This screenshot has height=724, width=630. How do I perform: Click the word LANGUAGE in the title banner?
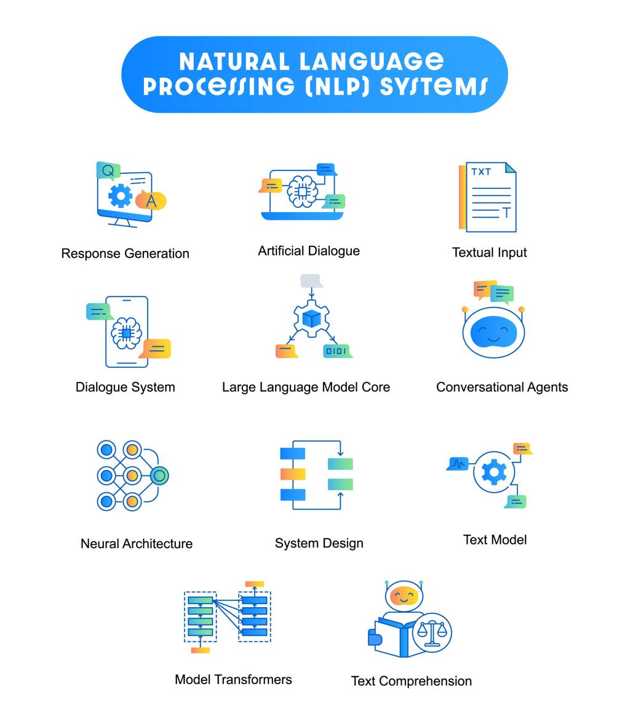click(x=372, y=62)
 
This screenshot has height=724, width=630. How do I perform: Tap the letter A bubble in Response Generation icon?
click(x=151, y=201)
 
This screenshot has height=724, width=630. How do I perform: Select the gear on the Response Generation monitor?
click(x=120, y=196)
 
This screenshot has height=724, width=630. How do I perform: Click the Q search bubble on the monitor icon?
click(x=108, y=171)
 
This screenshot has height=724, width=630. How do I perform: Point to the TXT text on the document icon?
click(x=481, y=172)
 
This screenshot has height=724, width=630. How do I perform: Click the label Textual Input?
click(x=489, y=253)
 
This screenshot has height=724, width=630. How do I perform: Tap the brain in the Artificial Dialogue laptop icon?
click(x=302, y=191)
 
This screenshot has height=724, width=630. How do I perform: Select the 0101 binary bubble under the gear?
click(x=337, y=351)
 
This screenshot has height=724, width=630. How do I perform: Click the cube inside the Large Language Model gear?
click(x=311, y=318)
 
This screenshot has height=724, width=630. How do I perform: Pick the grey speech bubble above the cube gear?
click(x=311, y=280)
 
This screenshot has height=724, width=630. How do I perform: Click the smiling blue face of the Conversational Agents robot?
click(x=493, y=332)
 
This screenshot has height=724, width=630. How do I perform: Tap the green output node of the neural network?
click(x=160, y=475)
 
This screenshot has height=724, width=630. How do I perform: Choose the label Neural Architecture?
click(x=136, y=544)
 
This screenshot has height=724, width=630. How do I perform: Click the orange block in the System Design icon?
click(x=293, y=474)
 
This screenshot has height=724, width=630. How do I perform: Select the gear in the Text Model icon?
click(x=494, y=472)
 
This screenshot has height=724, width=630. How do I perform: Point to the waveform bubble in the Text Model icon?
click(x=458, y=463)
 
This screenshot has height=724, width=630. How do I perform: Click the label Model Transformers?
click(x=233, y=680)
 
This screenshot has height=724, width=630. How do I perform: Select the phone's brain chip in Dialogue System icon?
click(x=126, y=333)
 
